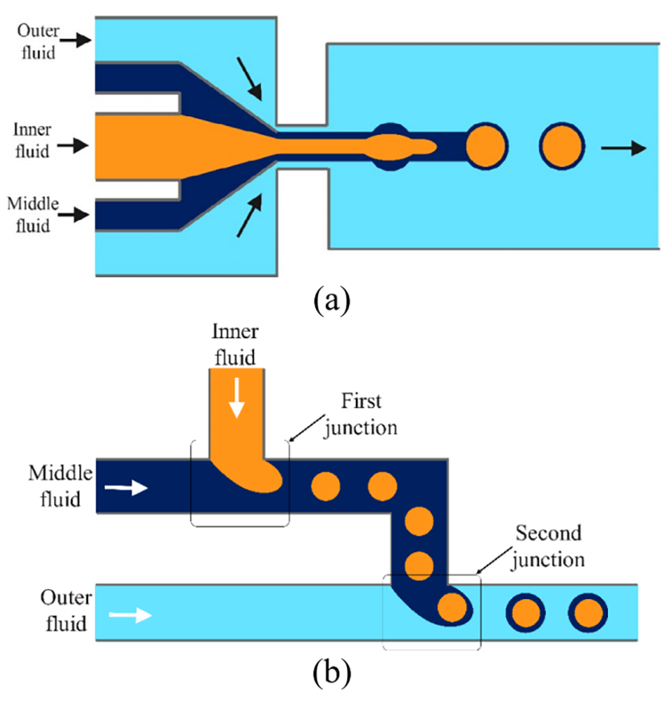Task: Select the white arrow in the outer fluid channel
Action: (130, 616)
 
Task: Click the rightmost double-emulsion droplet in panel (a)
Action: (562, 147)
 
